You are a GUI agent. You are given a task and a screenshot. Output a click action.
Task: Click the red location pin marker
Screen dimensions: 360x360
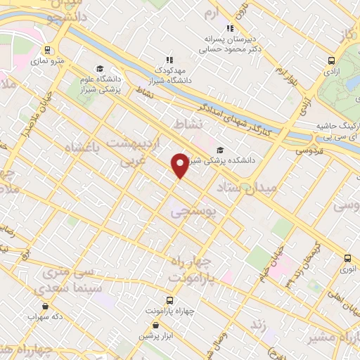(x=181, y=165)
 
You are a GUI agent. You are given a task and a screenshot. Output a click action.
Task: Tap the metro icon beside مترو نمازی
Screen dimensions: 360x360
(x=47, y=50)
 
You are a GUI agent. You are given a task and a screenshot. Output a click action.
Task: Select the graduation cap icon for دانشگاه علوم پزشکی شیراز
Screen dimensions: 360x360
(x=100, y=69)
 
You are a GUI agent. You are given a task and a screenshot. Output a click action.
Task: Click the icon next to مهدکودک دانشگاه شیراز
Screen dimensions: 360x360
(x=169, y=60)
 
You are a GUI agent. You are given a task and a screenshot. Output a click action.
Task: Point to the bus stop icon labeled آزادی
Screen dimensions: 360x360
(x=331, y=60)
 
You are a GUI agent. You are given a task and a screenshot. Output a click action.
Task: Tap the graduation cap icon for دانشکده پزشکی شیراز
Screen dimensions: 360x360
(x=221, y=149)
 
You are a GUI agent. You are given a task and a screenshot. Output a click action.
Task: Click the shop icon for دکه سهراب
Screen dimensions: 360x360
(x=46, y=306)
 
